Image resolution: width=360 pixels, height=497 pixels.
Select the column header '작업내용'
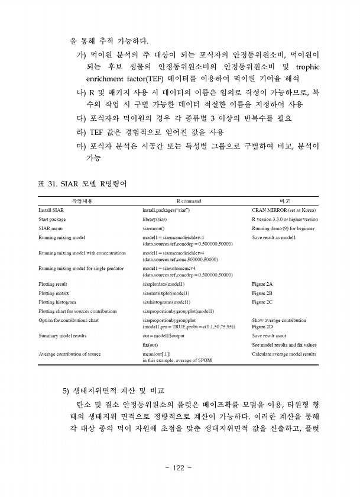tap(82, 201)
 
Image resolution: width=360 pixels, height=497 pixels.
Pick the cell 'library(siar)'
tap(158, 219)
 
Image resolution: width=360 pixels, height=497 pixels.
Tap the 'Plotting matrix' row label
tap(54, 293)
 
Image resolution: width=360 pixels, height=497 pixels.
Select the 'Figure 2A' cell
tap(262, 284)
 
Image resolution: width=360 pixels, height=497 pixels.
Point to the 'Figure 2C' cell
tap(262, 302)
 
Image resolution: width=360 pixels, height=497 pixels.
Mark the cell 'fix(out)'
tap(150, 344)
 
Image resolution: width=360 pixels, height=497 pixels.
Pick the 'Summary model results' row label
tap(62, 335)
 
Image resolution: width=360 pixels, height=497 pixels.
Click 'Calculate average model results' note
tap(284, 354)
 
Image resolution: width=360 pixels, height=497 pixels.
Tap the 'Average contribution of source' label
tap(70, 354)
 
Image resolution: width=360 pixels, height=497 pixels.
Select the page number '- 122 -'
tap(179, 468)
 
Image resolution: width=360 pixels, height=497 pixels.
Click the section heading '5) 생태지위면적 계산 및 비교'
tap(113, 391)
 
